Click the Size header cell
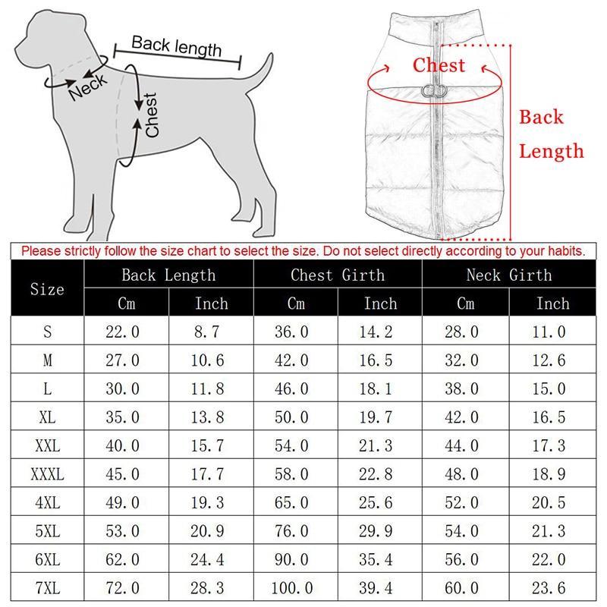click(47, 289)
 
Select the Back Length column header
click(168, 275)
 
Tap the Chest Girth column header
click(338, 275)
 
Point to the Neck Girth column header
click(508, 275)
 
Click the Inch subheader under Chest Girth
click(380, 303)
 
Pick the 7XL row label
click(47, 587)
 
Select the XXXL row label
click(47, 475)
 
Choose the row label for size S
click(47, 332)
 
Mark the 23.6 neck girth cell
click(552, 587)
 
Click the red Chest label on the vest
click(439, 65)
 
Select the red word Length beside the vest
click(552, 151)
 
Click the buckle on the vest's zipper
click(436, 92)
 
